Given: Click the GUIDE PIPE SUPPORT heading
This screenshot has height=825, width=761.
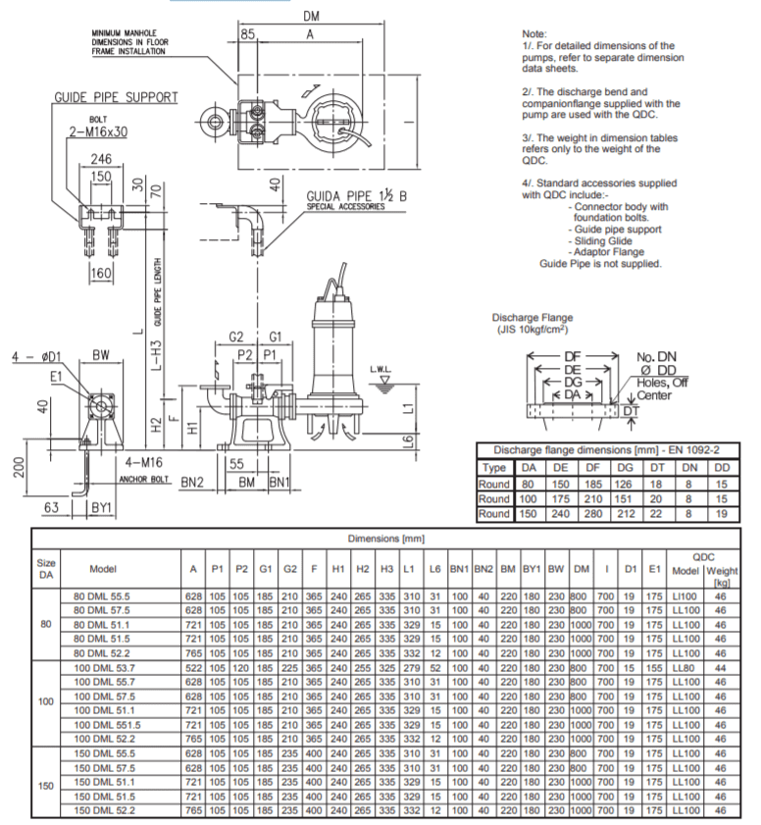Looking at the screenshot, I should [x=116, y=97].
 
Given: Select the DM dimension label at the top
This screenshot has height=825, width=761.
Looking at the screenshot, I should [x=311, y=16].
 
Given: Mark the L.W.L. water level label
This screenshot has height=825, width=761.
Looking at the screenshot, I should [x=381, y=370].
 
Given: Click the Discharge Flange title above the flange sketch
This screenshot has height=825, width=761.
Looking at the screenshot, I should [x=533, y=317].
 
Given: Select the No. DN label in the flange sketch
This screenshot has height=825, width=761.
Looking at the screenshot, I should [x=656, y=357].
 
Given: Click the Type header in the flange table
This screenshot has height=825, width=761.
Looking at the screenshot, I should [x=495, y=469].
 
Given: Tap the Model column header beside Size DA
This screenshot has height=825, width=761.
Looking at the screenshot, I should [x=103, y=568].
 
